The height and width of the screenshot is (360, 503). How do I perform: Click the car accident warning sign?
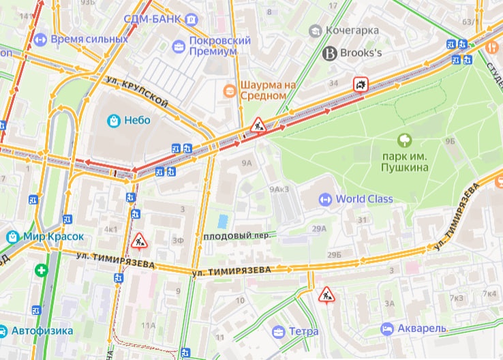[x=360, y=85]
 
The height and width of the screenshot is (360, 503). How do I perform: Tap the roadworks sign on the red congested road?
[x=258, y=125]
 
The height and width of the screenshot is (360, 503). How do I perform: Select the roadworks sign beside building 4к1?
[x=139, y=240]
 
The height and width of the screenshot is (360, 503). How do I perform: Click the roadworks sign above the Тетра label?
[x=325, y=295]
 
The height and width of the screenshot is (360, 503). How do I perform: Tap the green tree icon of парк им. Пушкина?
[x=405, y=140]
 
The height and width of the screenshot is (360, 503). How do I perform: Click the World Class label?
[x=364, y=199]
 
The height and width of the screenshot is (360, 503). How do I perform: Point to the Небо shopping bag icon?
[x=114, y=121]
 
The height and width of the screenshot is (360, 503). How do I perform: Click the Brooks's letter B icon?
[x=331, y=52]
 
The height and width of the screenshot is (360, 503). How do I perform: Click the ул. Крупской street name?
[x=137, y=92]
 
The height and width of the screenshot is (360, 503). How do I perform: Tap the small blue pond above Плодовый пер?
[x=222, y=222]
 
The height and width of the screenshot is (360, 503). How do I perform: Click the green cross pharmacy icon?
[x=43, y=271]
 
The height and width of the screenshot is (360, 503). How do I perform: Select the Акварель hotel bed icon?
[x=386, y=329]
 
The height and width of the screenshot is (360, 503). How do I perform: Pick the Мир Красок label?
[x=54, y=237]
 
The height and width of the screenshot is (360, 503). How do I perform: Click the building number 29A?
[x=319, y=230]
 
